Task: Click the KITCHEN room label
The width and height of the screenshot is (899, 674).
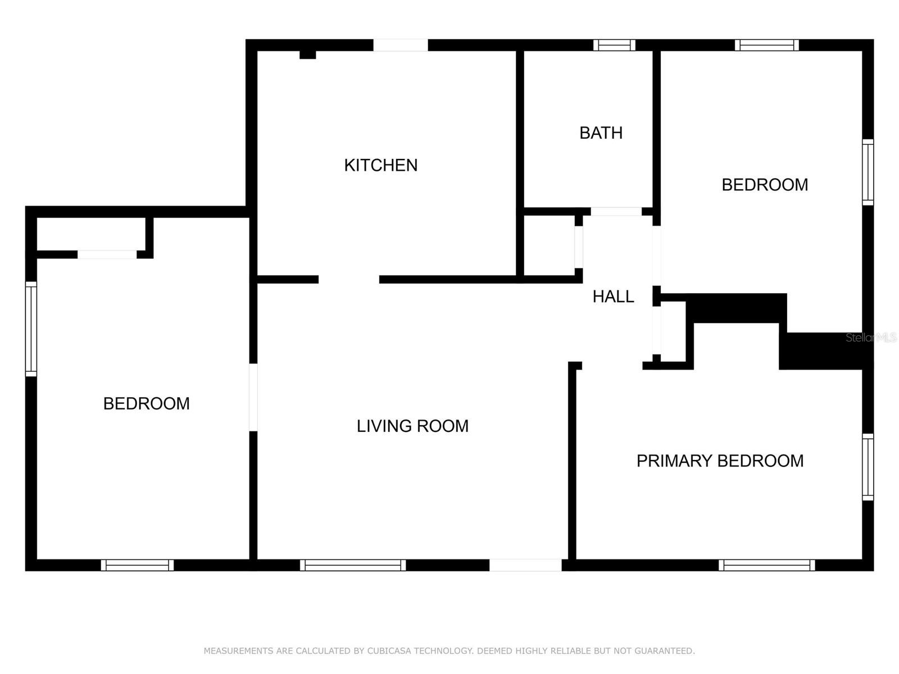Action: point(380,165)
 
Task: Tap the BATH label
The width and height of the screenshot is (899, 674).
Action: point(601,133)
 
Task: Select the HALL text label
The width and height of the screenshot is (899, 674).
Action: point(613,297)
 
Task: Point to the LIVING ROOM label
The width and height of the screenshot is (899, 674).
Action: point(412,426)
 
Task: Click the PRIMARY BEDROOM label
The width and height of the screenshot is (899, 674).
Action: point(720,461)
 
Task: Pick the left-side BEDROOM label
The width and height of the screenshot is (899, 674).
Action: point(146,403)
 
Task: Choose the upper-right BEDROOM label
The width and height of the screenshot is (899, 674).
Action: point(765,185)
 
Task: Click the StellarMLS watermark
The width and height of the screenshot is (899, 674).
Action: point(871,338)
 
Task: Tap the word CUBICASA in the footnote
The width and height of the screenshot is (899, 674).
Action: point(389,650)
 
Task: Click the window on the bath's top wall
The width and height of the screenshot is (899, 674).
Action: point(614,45)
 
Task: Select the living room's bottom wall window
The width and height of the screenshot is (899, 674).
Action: point(353,565)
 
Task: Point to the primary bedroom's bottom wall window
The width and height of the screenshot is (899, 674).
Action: point(767,565)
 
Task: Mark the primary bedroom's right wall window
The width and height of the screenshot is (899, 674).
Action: point(868,467)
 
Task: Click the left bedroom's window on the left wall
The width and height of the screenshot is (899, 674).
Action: point(31,329)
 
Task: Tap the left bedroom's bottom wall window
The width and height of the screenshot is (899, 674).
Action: point(137,565)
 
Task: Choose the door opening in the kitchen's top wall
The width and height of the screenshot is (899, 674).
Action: point(401,45)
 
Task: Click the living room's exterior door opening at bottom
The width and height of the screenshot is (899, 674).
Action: point(525,565)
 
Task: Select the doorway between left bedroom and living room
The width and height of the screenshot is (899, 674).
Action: point(253,397)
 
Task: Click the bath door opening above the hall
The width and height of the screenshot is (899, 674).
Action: point(616,212)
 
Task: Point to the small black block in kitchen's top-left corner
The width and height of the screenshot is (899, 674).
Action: point(307,54)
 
